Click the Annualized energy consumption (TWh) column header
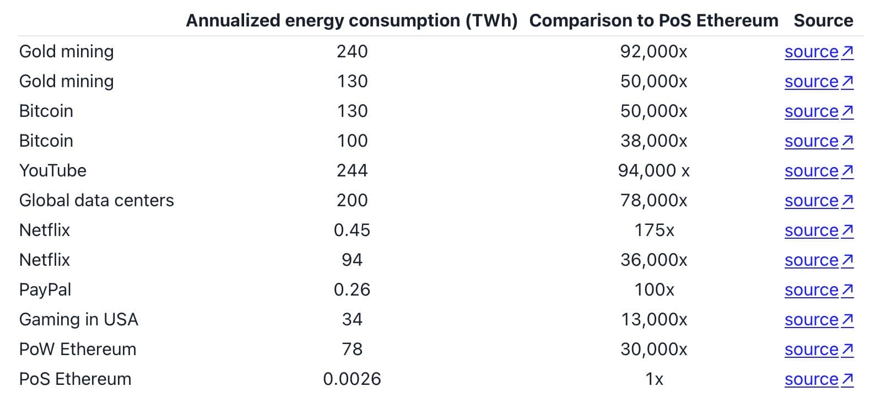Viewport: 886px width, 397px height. click(352, 20)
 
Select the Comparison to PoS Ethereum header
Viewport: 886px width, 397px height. click(654, 20)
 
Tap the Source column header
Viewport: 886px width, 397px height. click(824, 20)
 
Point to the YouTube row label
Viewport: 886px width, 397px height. click(52, 170)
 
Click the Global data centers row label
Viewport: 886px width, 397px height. click(96, 200)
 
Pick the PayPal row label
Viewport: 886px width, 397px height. click(45, 290)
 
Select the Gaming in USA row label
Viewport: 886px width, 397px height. click(79, 320)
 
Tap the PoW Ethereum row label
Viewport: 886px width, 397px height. click(78, 349)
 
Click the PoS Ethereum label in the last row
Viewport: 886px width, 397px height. click(75, 379)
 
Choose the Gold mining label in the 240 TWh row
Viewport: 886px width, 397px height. click(67, 52)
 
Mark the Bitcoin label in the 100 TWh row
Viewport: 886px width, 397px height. click(46, 141)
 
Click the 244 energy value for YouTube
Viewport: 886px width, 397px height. click(352, 170)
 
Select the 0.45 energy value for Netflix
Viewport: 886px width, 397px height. click(352, 230)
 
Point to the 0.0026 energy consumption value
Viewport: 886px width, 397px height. click(352, 379)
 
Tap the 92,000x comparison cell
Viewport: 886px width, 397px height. click(654, 52)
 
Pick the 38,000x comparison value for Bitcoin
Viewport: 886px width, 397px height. click(654, 141)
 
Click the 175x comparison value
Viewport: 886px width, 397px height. click(654, 230)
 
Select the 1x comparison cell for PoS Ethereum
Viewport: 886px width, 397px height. click(654, 379)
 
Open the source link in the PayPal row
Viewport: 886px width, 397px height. click(819, 290)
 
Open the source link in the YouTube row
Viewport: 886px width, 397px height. click(819, 171)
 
